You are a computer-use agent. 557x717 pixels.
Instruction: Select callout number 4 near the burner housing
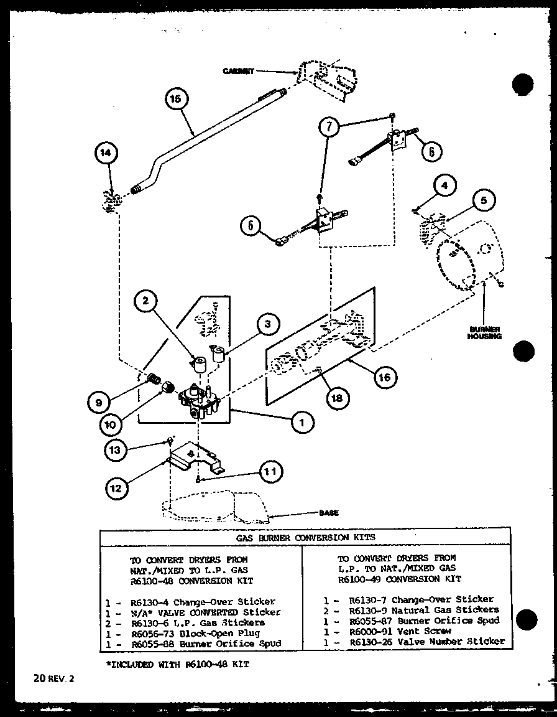coord(445,185)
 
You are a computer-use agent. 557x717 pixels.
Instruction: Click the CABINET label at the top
coord(238,71)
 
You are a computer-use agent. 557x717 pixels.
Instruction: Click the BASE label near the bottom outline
coord(329,513)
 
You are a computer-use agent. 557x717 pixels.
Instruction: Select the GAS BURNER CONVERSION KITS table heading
coord(305,536)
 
